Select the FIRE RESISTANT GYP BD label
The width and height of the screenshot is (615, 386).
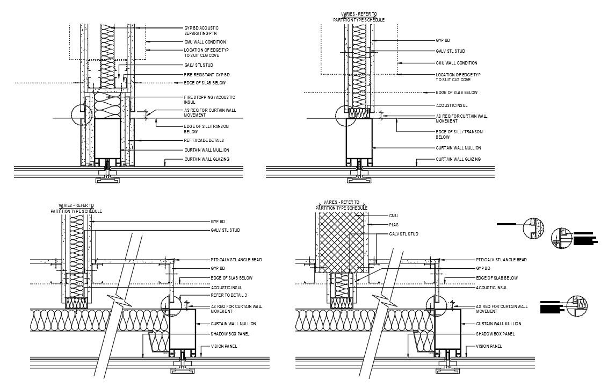pos(207,75)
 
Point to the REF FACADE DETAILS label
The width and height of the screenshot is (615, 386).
pos(204,140)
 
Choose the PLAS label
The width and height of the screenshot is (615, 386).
pos(394,225)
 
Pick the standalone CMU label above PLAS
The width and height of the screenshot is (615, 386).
pos(394,216)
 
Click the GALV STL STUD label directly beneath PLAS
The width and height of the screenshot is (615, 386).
pos(404,234)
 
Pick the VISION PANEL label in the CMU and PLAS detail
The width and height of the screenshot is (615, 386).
pos(489,346)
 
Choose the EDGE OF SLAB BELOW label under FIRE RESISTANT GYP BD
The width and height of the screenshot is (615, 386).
pos(205,83)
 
